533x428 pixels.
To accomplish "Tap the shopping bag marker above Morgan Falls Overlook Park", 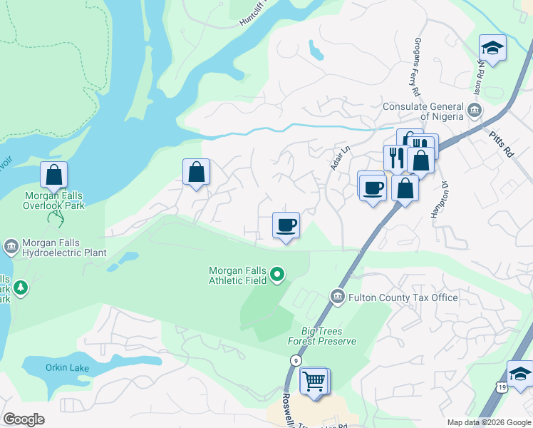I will (x=53, y=174).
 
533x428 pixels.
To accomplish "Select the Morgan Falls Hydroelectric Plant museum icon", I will (x=11, y=248).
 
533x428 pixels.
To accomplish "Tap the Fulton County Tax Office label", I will (x=403, y=297).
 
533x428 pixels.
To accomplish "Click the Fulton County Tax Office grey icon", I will (x=337, y=296).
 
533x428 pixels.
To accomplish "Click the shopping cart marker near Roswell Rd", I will (x=314, y=382).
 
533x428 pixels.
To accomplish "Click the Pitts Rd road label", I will (x=502, y=143).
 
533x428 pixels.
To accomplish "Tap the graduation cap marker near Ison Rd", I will (x=492, y=49).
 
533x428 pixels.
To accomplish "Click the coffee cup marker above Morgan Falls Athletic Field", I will (x=286, y=225).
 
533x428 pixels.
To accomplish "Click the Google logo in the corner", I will (x=24, y=419).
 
